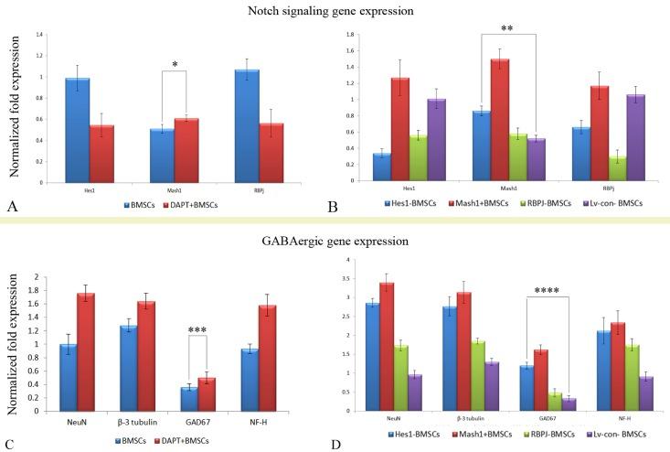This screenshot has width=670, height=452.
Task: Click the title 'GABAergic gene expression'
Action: coord(335,242)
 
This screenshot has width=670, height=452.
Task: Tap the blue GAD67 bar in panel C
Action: coord(187,399)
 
